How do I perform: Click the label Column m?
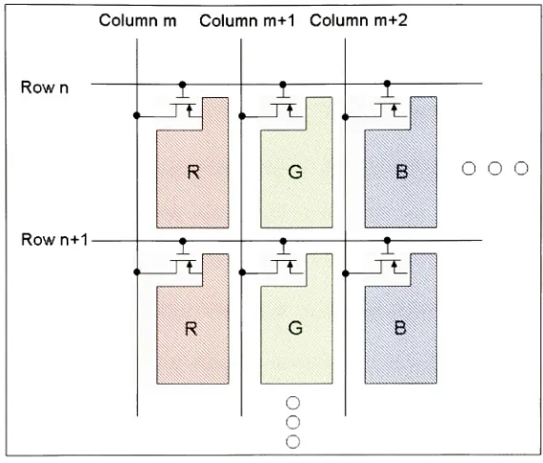click(x=138, y=20)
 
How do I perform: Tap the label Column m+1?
click(x=248, y=20)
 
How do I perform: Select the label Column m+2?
click(x=358, y=20)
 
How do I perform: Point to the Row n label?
click(x=45, y=88)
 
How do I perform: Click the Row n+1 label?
click(x=54, y=240)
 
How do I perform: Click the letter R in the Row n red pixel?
click(x=193, y=171)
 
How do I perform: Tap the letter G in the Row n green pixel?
click(x=295, y=171)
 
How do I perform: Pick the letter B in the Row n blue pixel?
click(x=401, y=171)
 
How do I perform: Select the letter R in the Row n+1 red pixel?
click(x=191, y=329)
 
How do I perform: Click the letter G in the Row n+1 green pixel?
click(x=295, y=328)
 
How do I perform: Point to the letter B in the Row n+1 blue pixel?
click(x=400, y=328)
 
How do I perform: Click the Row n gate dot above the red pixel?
click(x=183, y=85)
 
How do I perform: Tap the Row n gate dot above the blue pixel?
click(x=387, y=84)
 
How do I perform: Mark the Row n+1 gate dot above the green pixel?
click(x=283, y=241)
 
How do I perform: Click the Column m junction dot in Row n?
click(x=137, y=115)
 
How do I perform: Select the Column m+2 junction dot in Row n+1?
click(x=345, y=273)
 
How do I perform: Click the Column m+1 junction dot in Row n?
click(x=242, y=116)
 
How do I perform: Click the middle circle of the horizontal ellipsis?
click(x=494, y=169)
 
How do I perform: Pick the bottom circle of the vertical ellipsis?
click(x=293, y=442)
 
